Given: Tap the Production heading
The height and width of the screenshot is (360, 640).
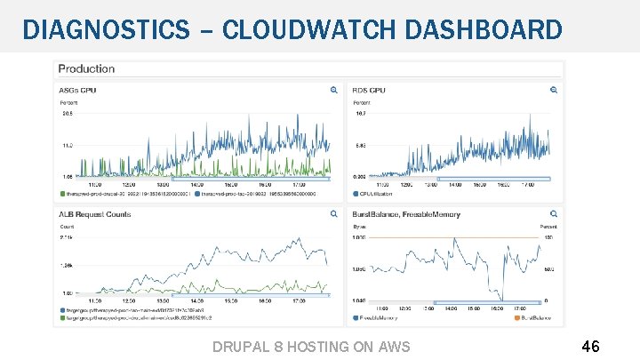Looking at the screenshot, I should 86,68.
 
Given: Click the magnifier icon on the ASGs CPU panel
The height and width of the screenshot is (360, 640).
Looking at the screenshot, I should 334,90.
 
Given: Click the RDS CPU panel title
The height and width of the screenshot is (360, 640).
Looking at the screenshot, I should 370,90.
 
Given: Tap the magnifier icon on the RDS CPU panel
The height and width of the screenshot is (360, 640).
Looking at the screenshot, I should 554,90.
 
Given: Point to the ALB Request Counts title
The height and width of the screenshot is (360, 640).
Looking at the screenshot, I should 95,213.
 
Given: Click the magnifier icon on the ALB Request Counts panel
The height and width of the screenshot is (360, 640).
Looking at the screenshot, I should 334,213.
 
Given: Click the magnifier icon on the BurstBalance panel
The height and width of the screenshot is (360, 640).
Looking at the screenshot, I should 554,213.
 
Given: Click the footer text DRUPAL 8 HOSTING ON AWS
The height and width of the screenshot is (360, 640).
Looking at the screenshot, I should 312,346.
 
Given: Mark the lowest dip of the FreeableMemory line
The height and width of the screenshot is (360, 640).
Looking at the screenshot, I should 503,300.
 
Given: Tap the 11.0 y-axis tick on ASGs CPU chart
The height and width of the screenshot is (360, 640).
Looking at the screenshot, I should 66,144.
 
